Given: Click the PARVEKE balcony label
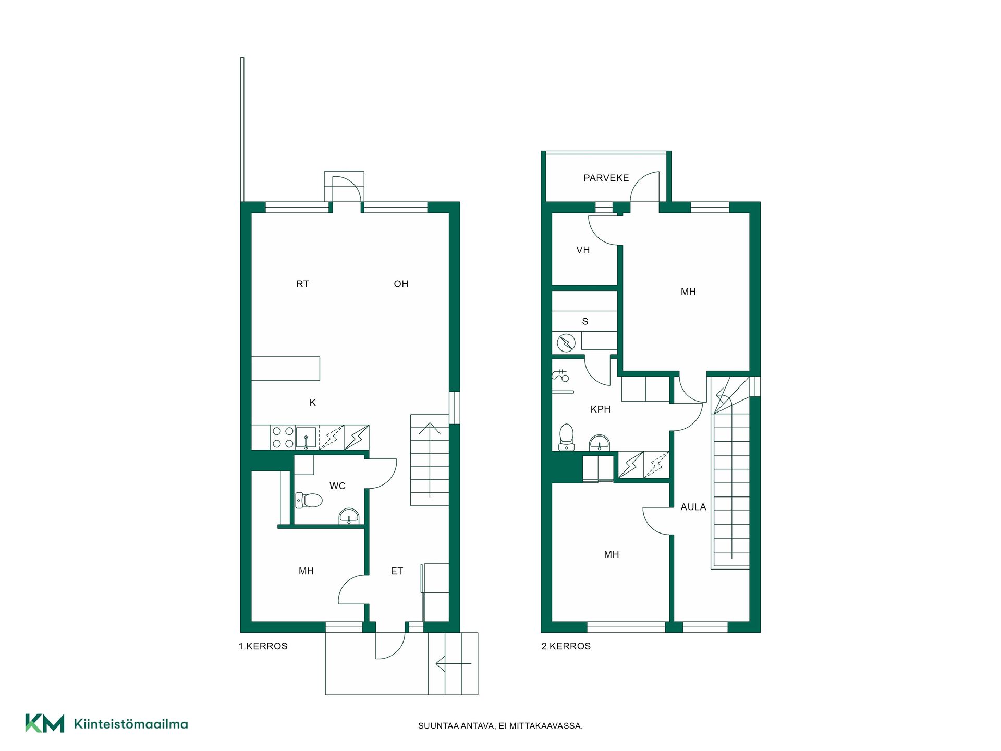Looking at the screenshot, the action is pos(606,178).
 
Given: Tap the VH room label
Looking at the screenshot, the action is pos(583,250).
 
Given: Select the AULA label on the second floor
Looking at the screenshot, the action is pos(693,507).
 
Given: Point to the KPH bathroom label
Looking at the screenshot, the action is pos(601,409).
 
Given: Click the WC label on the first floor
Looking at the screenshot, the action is pos(337,486).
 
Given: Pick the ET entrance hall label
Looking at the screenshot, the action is pos(397,571).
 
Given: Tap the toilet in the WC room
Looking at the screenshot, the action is pos(309,501).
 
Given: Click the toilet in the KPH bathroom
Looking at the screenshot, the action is pos(566,437).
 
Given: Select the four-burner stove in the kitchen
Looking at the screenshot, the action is pos(283,438).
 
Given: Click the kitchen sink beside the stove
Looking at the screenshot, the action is pos(306,438).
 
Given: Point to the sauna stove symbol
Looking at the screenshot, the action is pos(566,343).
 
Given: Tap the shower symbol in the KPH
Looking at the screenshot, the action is pos(561,375).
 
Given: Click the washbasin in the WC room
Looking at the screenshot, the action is pos(349,516).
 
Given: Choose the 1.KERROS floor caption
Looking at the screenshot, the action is pos(263,646).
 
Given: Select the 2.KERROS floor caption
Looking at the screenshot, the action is pos(566,646).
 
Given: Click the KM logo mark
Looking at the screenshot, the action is pos(45,723).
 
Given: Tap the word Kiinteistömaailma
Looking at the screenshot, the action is pos(131,724).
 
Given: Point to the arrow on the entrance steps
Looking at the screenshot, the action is pos(454,664).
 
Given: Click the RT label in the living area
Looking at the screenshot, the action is pos(302,284).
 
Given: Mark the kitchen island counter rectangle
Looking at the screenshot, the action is pos(286,369).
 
